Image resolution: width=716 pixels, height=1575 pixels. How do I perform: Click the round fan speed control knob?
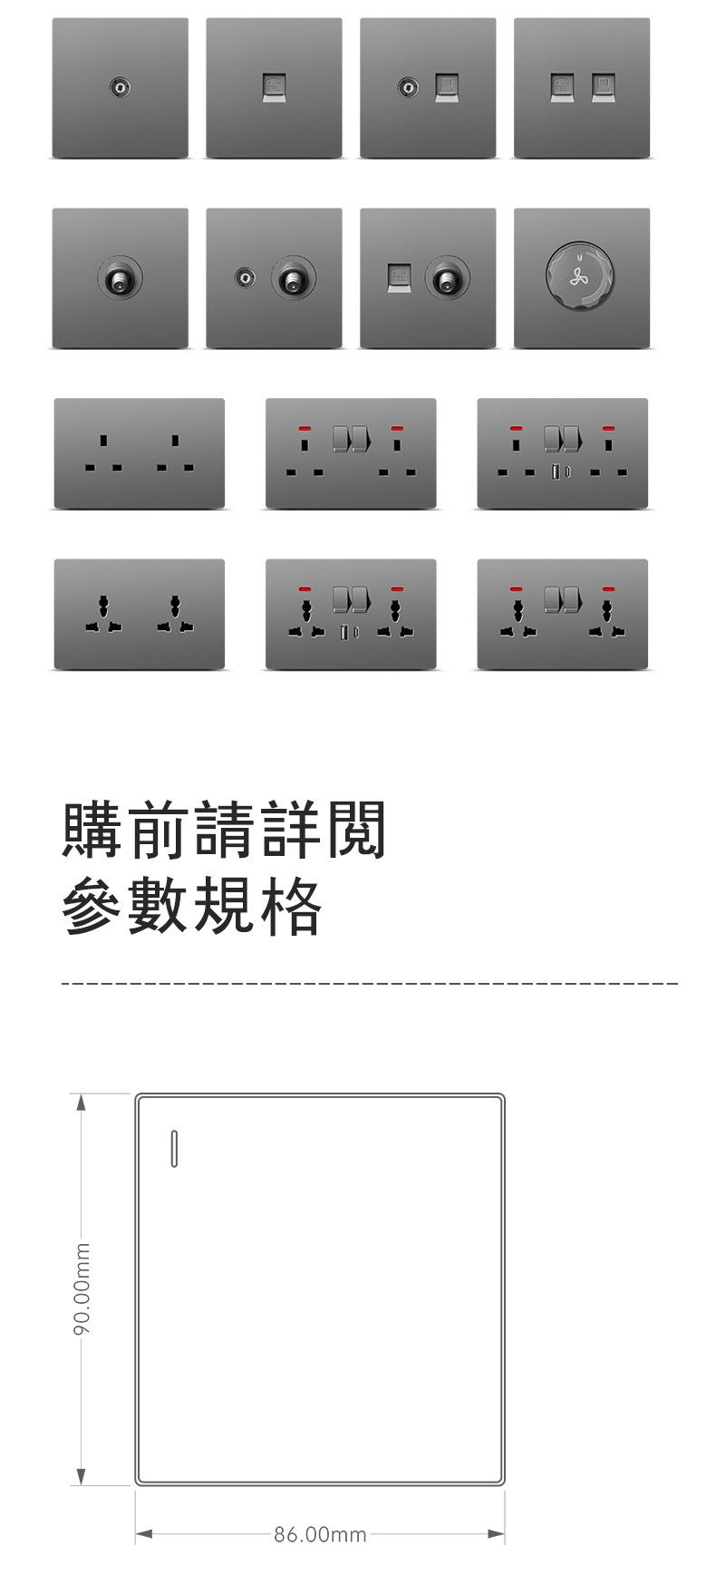coord(580,277)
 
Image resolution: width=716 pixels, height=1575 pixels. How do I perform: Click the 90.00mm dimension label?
coord(82,1288)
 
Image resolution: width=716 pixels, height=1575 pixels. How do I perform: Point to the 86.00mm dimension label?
coord(320,1534)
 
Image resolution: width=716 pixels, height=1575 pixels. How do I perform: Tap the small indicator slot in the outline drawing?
coord(174,1149)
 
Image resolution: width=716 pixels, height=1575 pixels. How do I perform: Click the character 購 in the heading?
coord(92,829)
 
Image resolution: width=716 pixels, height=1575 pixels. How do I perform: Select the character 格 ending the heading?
coord(291,906)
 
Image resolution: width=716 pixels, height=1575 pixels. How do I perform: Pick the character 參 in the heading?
coord(92,906)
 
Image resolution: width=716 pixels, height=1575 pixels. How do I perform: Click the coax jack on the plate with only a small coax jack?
coord(120,87)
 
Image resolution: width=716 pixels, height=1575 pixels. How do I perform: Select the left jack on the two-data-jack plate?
coord(562,87)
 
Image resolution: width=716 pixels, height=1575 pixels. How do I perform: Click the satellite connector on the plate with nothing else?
coord(120,277)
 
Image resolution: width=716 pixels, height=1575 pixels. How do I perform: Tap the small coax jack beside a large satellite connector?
coord(244,277)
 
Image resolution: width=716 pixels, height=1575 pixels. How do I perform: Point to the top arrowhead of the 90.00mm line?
coord(81,1103)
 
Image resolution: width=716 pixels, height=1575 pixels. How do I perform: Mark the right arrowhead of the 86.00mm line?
coord(496,1534)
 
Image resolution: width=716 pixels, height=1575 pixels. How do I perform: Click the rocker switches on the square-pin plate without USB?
coord(351,439)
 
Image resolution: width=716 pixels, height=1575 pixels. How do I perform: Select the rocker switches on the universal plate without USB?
coord(563,599)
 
